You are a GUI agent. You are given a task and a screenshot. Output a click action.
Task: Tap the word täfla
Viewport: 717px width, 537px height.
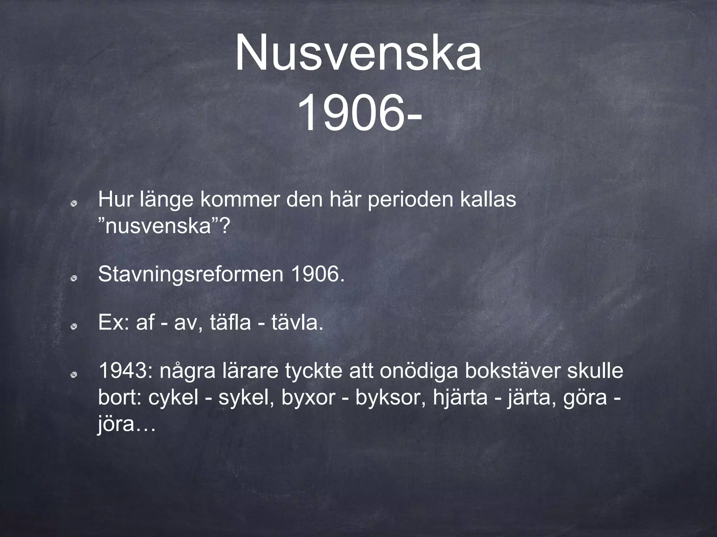point(230,322)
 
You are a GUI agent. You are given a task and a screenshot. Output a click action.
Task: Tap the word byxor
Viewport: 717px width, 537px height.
point(308,398)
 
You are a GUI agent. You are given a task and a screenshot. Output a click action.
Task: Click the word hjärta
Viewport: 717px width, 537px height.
point(460,398)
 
